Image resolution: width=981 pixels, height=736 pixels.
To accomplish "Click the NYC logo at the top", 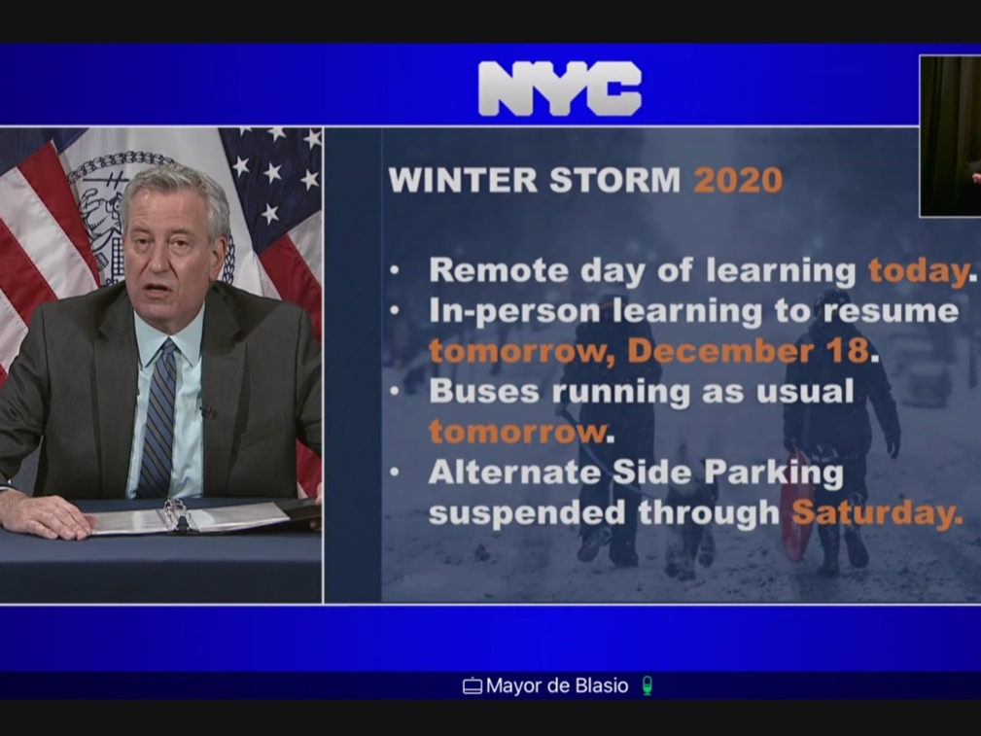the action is tap(560, 88).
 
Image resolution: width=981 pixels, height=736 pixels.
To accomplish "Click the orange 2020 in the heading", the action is tap(738, 181).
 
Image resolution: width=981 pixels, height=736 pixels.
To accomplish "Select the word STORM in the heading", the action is tap(615, 181).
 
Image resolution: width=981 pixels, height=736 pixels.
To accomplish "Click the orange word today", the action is tap(919, 271).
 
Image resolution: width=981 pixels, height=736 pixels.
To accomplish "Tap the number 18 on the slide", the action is tap(849, 350).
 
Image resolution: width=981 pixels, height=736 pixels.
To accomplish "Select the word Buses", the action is tap(484, 392).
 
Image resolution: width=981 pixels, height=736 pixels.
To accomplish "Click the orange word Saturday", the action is tap(875, 513).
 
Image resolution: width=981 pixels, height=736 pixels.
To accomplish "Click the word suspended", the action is tap(527, 513).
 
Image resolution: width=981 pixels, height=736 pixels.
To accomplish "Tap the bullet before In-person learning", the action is tap(395, 311).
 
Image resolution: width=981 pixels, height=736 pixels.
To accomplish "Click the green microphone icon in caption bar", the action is tap(647, 686).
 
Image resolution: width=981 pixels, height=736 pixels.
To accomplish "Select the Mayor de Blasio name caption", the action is tap(557, 686).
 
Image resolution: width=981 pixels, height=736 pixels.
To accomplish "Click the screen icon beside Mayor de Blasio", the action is tap(473, 686).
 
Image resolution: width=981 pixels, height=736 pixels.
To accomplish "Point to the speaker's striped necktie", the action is tap(158, 418).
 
